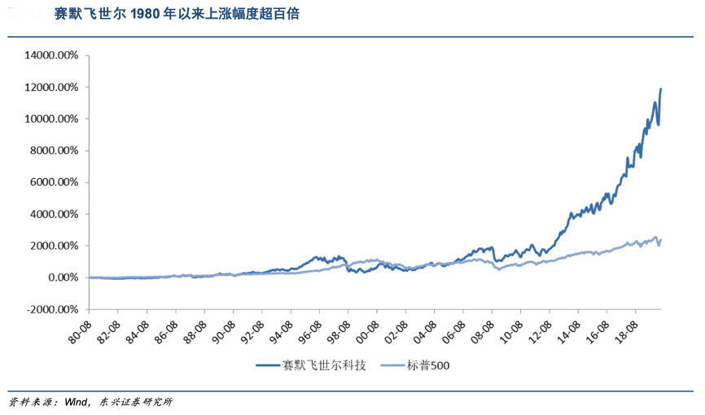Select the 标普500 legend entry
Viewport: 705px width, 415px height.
(431, 365)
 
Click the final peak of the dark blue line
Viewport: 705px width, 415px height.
(660, 88)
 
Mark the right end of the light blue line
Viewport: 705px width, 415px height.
(660, 239)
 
